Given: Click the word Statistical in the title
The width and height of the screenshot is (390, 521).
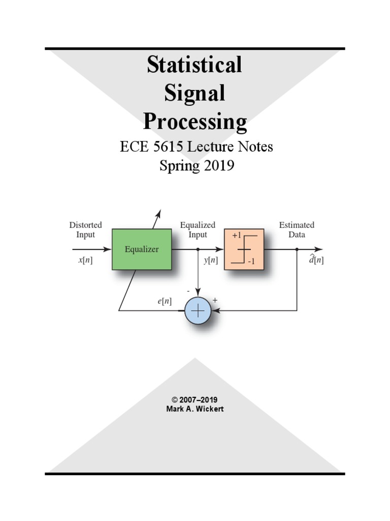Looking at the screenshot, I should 194,65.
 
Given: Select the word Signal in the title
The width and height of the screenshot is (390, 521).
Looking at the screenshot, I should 194,94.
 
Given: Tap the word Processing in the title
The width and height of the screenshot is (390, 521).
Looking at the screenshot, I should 194,122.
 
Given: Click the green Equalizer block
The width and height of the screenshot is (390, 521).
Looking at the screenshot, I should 142,249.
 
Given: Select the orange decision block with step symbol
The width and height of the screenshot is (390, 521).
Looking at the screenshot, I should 244,249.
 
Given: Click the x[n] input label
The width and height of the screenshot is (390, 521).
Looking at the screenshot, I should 85,260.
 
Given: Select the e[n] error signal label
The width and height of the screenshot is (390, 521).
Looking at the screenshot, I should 164,301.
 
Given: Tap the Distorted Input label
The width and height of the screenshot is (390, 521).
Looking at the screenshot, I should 85,229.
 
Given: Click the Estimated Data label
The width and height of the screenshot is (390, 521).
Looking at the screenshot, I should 297,229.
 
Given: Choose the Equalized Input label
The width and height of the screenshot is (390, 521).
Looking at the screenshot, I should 198,229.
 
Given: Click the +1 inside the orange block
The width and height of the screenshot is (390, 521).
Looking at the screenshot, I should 237,236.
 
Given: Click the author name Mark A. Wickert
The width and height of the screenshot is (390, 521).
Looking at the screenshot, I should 195,409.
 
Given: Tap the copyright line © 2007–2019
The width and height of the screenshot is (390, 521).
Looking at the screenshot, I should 195,400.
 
